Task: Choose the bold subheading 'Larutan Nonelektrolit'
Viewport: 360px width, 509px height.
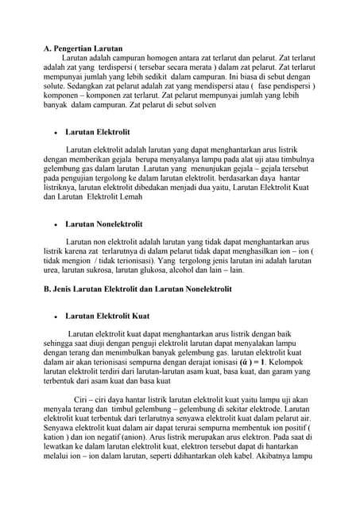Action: coord(103,225)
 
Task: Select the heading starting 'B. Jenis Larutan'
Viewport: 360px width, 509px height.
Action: coord(137,289)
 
